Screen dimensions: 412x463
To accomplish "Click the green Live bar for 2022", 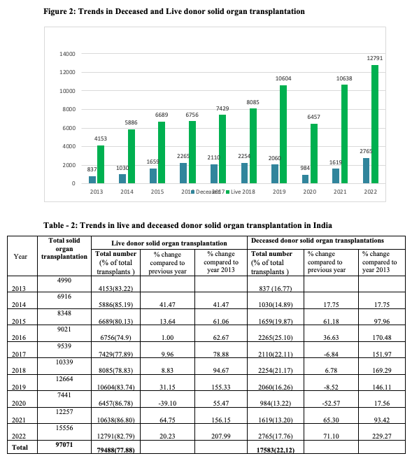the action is point(375,124).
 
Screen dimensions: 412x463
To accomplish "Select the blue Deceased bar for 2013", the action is point(92,180).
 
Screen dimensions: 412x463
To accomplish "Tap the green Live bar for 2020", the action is point(314,154).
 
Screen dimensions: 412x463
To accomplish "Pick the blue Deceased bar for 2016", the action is point(183,173).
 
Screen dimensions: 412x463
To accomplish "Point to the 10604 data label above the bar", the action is point(283,78).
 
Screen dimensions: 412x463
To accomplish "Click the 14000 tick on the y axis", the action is point(67,54).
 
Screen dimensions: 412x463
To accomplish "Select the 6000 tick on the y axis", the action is point(69,128).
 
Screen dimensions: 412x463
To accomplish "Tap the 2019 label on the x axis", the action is point(279,192).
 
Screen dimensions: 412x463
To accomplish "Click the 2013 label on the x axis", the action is point(97,192).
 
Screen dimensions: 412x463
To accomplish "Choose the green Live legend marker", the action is point(228,192).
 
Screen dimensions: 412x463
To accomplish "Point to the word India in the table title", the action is point(322,225).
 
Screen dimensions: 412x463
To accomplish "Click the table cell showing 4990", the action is point(64,284).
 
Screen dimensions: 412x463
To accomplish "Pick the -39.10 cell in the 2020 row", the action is point(167,399).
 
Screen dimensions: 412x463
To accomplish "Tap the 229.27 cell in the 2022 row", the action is point(382,432).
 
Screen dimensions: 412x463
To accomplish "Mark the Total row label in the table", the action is point(20,448).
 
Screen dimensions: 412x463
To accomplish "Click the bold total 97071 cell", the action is point(64,447).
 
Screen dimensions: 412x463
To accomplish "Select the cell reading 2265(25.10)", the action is point(276,334).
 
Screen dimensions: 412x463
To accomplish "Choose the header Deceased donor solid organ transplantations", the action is point(318,241).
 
